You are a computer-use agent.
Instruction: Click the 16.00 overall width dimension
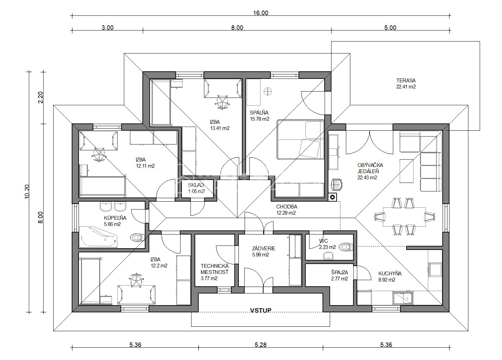(261, 13)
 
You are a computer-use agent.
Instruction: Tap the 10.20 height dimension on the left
(27, 192)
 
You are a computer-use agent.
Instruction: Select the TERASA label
(406, 80)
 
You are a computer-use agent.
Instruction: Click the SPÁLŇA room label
(259, 112)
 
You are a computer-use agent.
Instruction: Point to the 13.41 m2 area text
(220, 128)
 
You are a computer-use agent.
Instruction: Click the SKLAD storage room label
(196, 185)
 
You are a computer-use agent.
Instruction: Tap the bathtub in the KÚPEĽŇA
(98, 237)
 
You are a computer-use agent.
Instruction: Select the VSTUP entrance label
(261, 310)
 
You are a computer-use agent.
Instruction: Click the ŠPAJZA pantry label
(339, 273)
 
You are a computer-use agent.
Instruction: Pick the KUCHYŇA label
(390, 273)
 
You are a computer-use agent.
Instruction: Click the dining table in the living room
(404, 217)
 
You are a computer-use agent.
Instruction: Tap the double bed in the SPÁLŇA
(300, 140)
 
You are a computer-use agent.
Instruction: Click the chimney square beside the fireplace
(333, 197)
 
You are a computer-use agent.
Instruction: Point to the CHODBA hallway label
(287, 207)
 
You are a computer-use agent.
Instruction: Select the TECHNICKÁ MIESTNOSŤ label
(214, 269)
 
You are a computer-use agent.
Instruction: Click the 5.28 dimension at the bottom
(261, 345)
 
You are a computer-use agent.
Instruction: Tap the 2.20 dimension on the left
(40, 98)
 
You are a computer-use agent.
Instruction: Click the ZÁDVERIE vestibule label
(264, 248)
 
